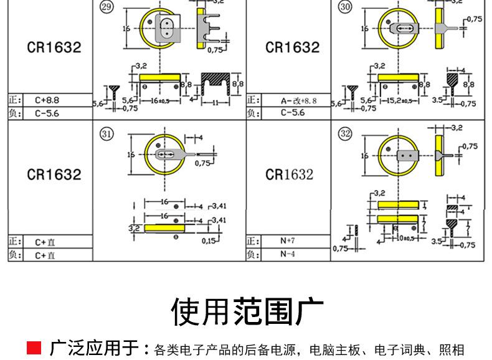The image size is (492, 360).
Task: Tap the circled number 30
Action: (344, 7)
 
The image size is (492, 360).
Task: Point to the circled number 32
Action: (344, 133)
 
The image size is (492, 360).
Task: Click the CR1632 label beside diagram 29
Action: (54, 48)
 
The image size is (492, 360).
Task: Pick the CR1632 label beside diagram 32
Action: (289, 174)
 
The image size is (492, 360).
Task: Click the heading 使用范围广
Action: (246, 311)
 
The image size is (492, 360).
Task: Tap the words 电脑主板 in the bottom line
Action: (333, 349)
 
